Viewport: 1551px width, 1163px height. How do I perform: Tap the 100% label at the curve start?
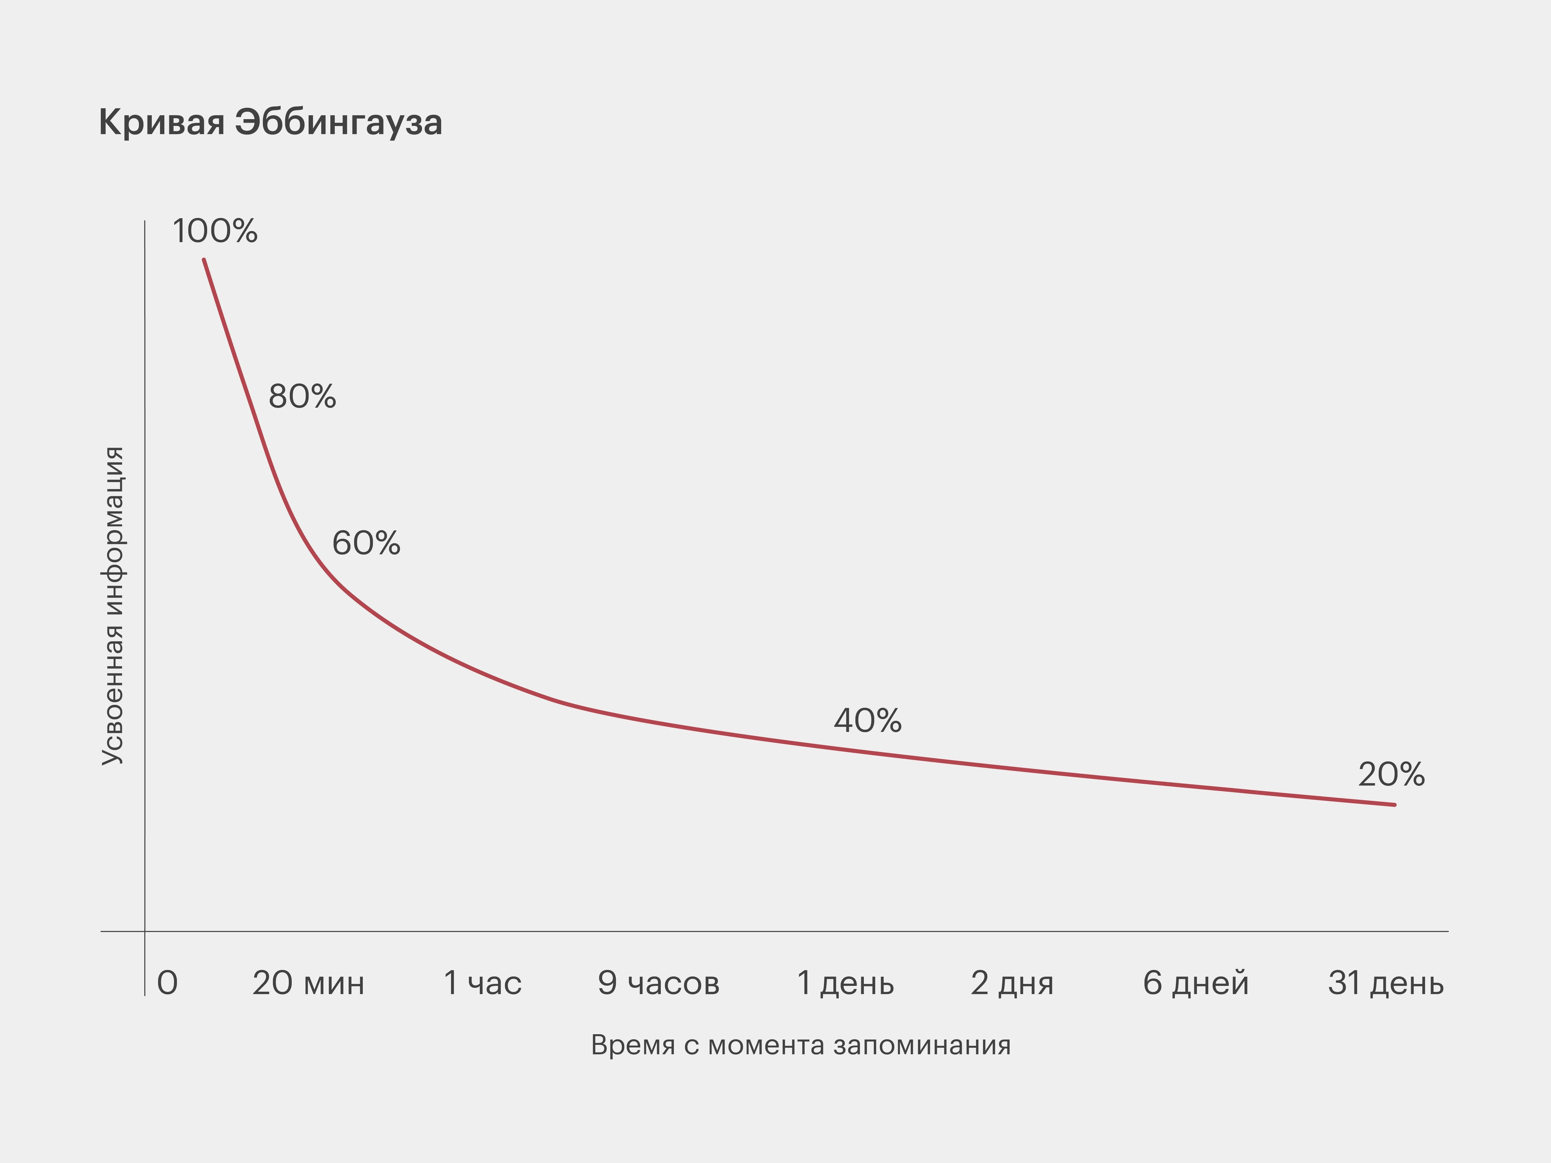[x=215, y=231]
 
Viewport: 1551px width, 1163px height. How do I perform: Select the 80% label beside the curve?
[x=302, y=397]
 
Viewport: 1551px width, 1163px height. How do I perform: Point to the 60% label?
[x=366, y=543]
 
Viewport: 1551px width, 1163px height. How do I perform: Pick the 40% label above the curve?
[x=867, y=721]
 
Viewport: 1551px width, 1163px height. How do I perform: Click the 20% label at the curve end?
[x=1391, y=775]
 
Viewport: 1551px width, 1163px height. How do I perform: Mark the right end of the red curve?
[x=1394, y=805]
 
